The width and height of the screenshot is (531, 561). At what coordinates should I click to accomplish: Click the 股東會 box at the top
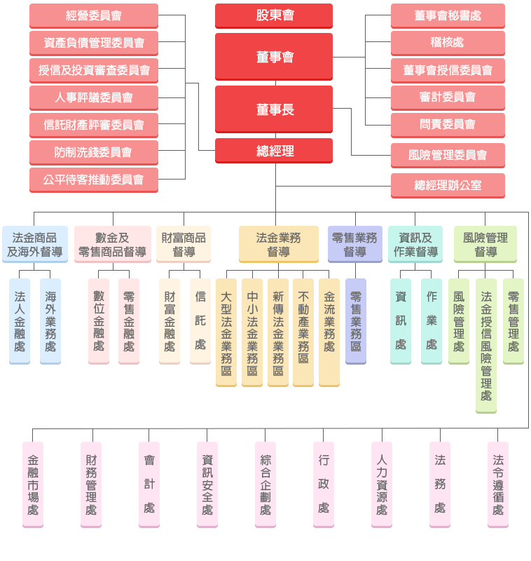(274, 15)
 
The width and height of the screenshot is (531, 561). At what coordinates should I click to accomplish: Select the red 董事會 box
(274, 56)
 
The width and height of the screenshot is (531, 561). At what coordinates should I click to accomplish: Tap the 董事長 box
(274, 109)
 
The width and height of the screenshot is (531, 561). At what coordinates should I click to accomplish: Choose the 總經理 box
(274, 150)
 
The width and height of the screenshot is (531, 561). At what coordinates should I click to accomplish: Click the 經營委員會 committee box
(94, 15)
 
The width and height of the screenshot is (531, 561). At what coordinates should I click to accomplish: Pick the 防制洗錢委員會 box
(94, 152)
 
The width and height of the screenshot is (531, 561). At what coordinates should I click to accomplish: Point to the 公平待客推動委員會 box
(94, 180)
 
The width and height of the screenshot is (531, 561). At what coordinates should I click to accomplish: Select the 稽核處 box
(448, 43)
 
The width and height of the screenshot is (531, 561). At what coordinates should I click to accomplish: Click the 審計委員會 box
(448, 97)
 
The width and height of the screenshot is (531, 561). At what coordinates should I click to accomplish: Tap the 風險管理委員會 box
(448, 155)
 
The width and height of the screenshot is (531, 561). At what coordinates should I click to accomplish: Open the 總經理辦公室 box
(448, 185)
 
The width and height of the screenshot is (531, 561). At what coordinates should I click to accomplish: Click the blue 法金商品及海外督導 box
(35, 244)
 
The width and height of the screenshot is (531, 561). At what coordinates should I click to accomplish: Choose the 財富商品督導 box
(184, 244)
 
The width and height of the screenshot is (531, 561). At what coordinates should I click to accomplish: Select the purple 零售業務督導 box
(355, 244)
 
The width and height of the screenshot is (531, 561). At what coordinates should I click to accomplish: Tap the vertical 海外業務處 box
(50, 321)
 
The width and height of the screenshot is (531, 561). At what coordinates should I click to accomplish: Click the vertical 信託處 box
(200, 321)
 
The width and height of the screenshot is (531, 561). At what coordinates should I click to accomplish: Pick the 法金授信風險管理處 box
(486, 346)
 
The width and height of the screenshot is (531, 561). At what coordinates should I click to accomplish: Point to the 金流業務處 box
(329, 332)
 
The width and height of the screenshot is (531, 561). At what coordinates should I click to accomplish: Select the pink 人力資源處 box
(382, 484)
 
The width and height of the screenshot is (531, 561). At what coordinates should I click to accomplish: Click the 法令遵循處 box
(498, 484)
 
